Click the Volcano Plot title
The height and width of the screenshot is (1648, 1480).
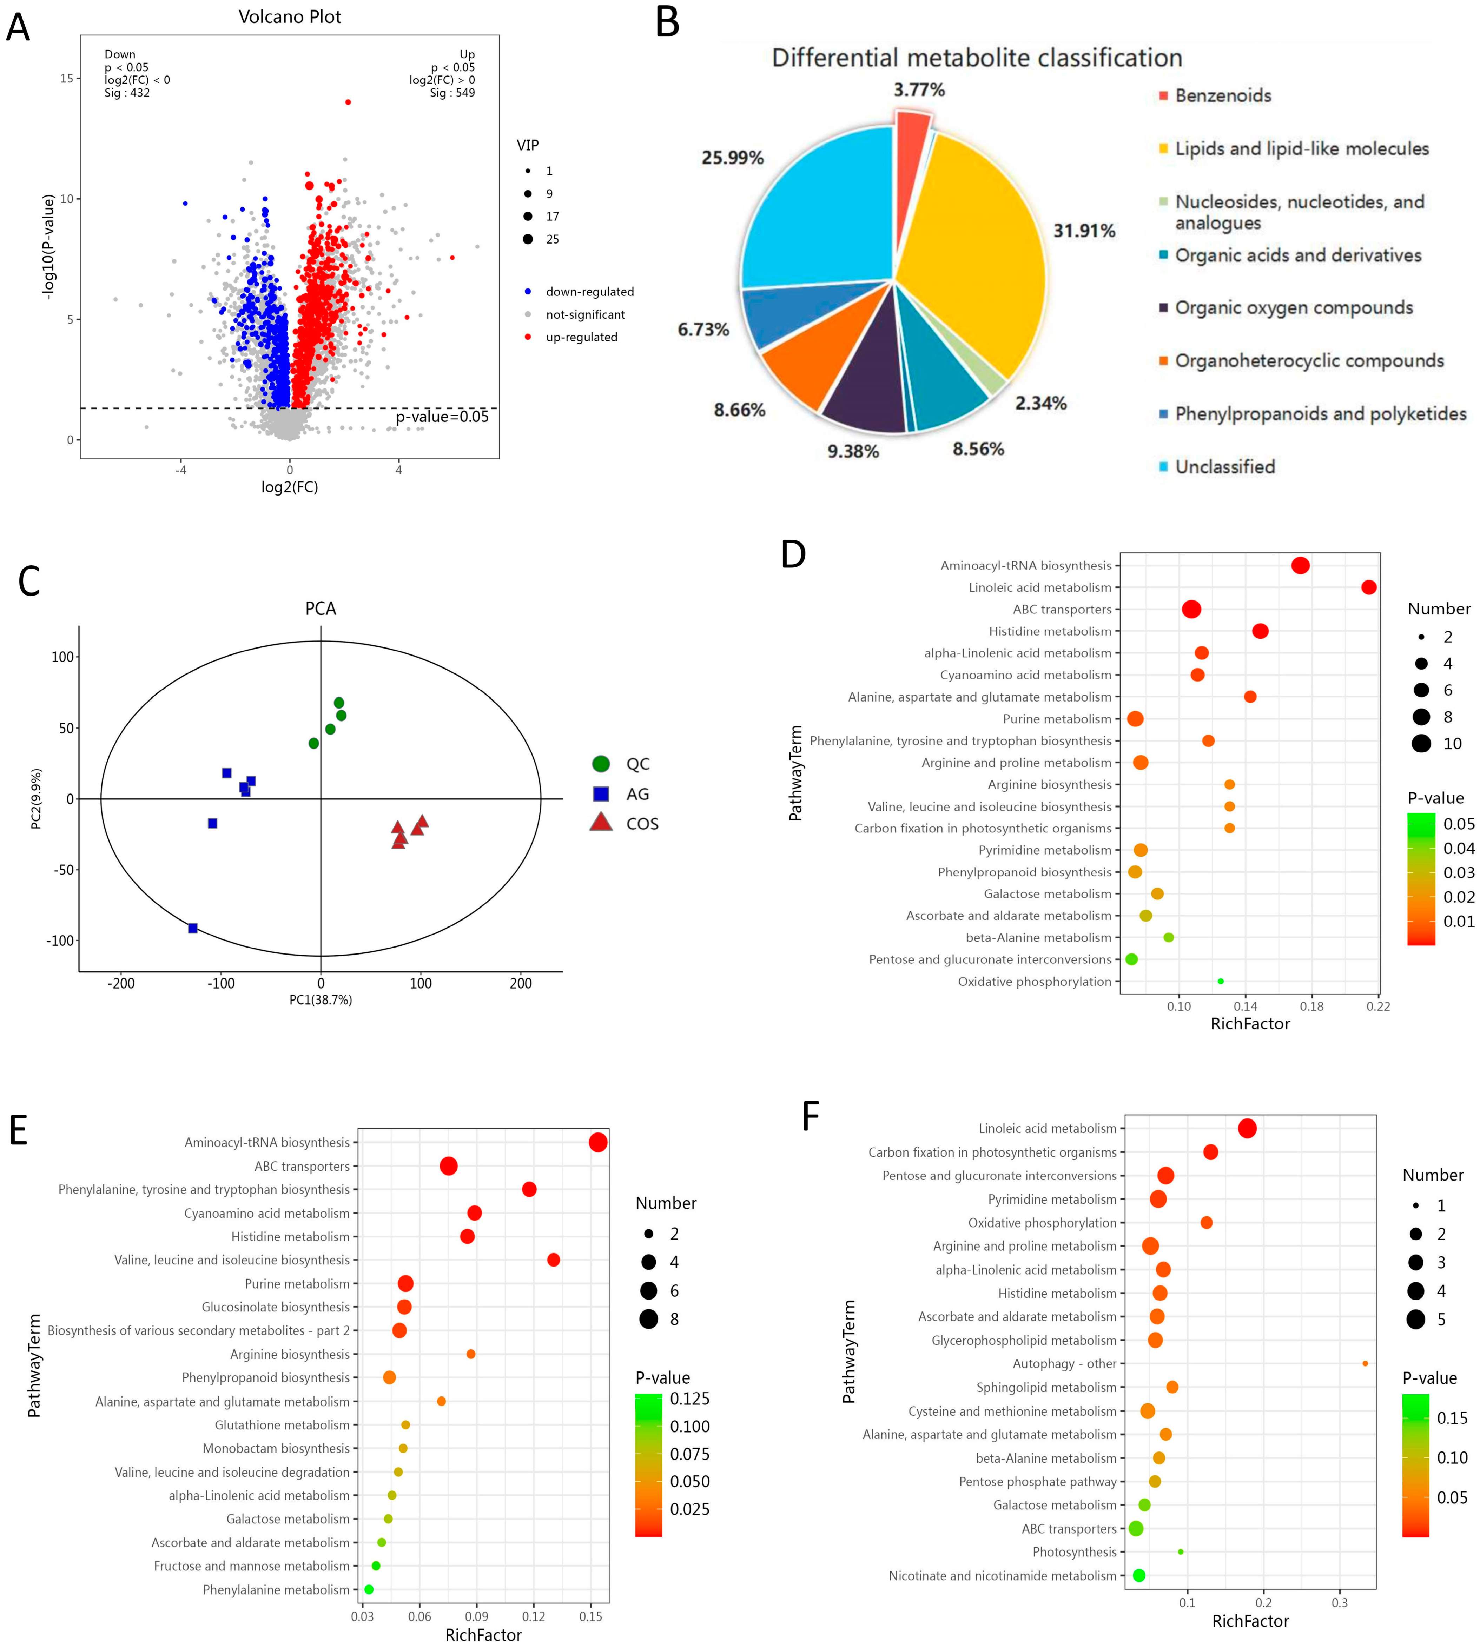tap(290, 17)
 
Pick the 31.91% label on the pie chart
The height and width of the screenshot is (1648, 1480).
tap(1084, 231)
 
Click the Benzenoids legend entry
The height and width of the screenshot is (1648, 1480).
tap(1222, 96)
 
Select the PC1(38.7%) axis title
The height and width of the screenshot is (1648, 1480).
tap(321, 1000)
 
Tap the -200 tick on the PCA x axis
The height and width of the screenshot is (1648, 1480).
tap(121, 984)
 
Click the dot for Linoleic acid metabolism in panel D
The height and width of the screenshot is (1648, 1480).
tap(1369, 587)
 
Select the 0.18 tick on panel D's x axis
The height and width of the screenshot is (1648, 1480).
tap(1311, 1006)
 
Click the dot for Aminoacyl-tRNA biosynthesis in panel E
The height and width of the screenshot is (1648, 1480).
tap(598, 1142)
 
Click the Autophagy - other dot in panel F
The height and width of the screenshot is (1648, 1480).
tap(1365, 1363)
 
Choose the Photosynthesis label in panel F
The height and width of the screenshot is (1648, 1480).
tap(1074, 1552)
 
